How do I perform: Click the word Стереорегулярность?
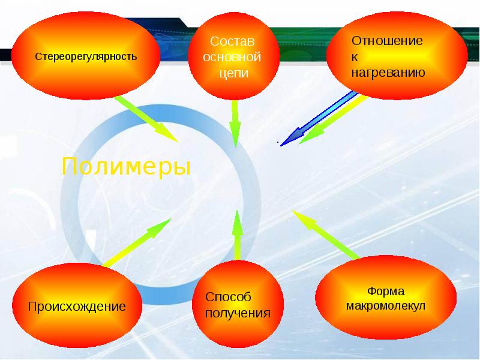86,58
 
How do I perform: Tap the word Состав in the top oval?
232,43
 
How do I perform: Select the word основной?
232,58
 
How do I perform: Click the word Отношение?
387,41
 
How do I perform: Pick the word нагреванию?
388,73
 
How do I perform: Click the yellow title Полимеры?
127,166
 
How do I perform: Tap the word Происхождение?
76,307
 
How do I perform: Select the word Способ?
228,298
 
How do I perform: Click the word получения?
238,313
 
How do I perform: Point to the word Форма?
385,292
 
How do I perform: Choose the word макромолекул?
385,306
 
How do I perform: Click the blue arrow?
318,118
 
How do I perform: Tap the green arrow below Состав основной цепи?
236,123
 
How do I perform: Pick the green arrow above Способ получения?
238,234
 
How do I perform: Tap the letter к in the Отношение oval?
354,57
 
